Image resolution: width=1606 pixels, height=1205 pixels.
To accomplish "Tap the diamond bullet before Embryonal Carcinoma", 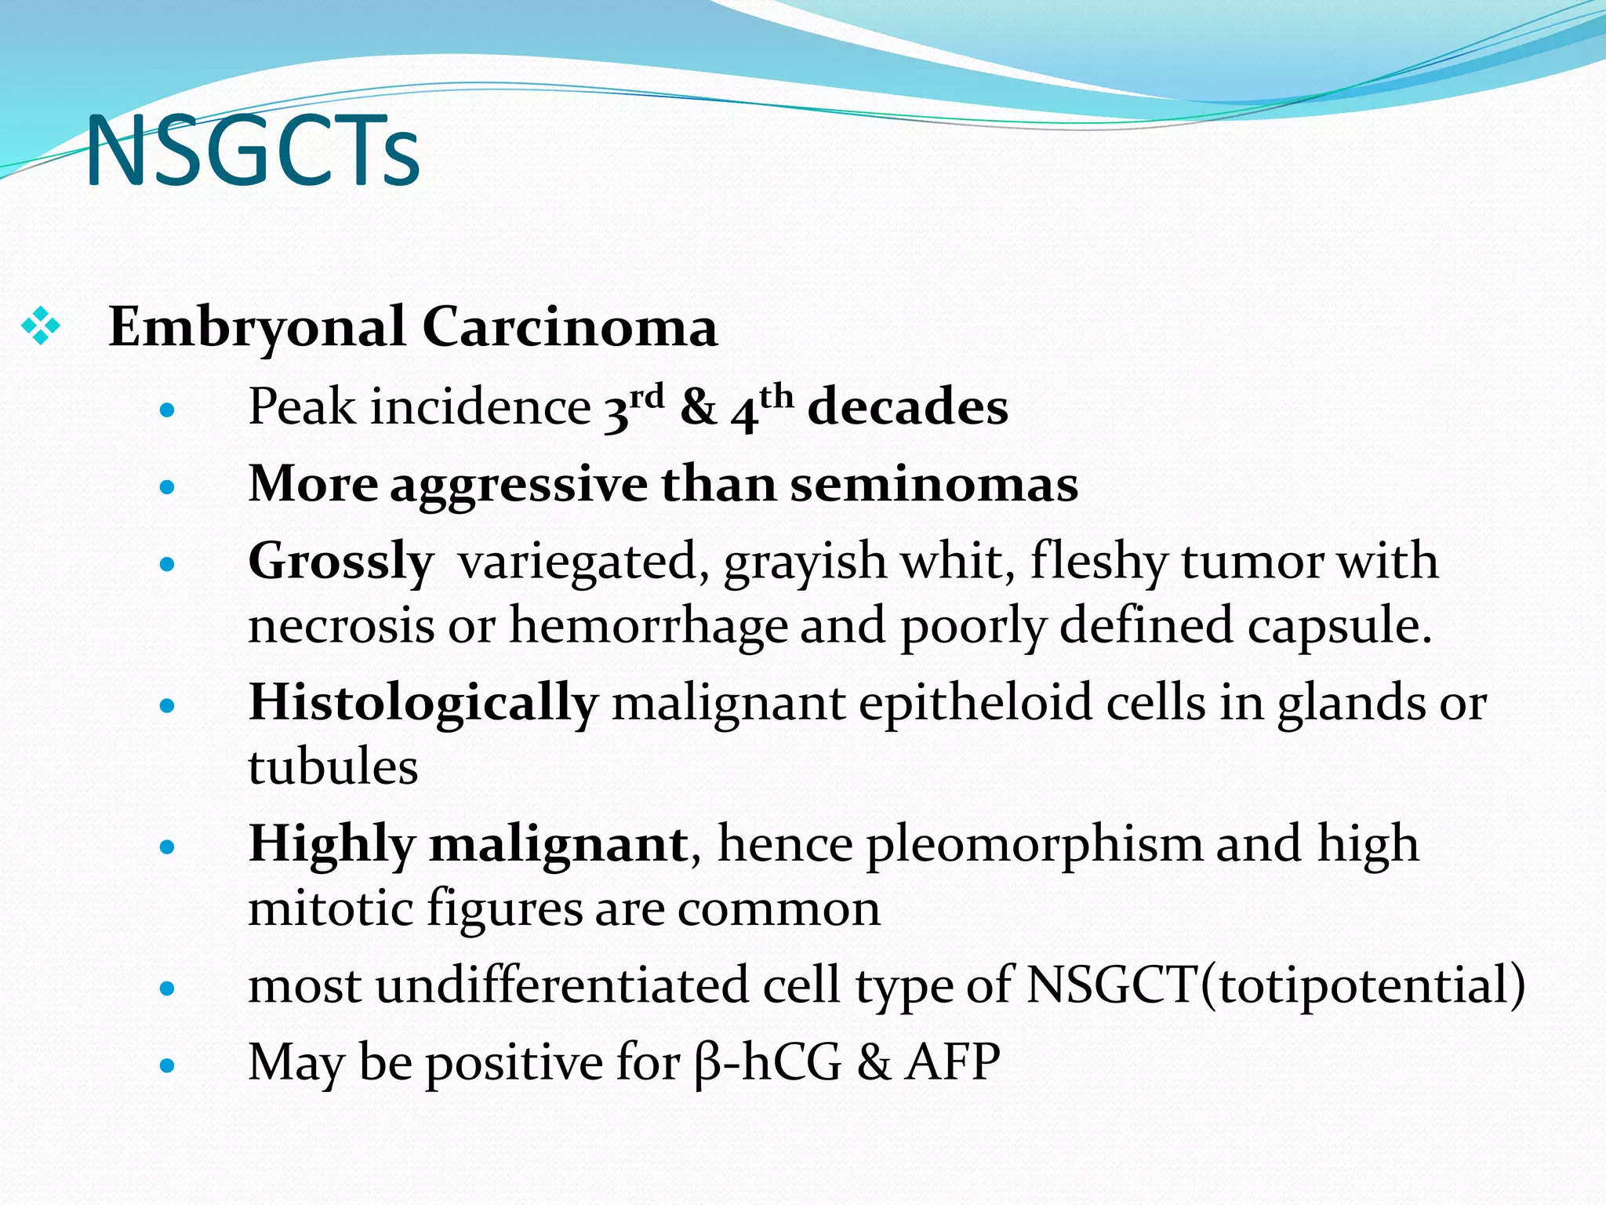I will pos(41,326).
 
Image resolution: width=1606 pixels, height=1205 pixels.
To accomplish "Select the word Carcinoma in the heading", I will pos(570,326).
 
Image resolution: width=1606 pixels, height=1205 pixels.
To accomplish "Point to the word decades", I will pos(908,407).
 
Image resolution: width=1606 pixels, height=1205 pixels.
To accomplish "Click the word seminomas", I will pos(934,484).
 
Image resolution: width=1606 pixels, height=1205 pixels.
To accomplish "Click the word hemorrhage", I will pos(649,626).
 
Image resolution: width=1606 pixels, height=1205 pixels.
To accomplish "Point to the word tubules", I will pos(333,766).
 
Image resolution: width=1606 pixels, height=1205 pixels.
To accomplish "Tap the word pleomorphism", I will pos(1034,844).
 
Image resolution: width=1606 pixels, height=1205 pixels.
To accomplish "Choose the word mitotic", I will pos(331,908).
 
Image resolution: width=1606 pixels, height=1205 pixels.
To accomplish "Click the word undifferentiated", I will pos(562,985).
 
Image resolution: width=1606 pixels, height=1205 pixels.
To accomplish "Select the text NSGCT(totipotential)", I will pos(1276,985).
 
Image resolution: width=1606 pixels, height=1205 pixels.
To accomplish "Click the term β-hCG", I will pos(768,1062).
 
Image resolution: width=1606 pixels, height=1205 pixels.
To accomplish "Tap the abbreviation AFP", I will pos(953,1062).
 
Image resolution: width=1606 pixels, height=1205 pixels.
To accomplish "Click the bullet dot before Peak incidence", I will pos(166,410).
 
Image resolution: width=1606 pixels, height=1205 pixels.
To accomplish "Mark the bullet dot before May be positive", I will pos(166,1065).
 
